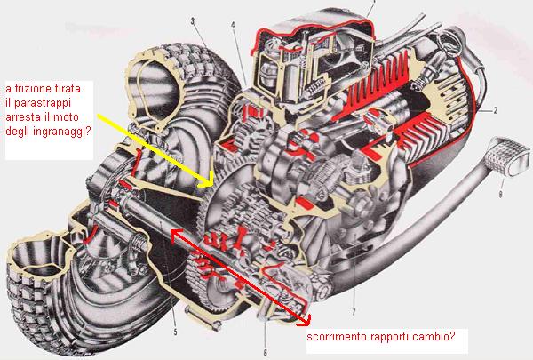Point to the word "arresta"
(22, 117)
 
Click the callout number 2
(496, 110)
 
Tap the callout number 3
(193, 21)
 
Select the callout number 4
(233, 25)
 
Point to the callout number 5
(175, 332)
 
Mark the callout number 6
(265, 353)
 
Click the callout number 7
(354, 312)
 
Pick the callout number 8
(500, 195)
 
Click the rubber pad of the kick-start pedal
(508, 156)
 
